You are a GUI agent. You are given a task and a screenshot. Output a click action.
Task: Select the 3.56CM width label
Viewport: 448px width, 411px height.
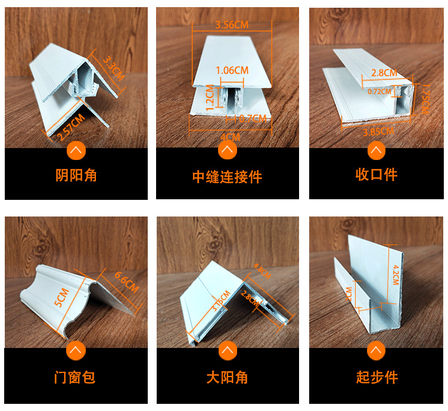(x=232, y=24)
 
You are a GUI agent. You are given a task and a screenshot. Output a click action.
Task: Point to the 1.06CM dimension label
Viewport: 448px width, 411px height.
(x=232, y=70)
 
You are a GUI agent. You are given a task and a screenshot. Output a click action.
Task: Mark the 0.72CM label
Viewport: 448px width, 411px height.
(x=379, y=92)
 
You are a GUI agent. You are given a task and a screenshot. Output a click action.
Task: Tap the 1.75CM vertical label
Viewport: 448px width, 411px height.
(x=425, y=99)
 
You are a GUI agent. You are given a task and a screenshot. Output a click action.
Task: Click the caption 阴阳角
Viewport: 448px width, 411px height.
(x=76, y=175)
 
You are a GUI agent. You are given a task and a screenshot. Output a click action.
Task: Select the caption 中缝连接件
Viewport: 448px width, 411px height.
(x=227, y=177)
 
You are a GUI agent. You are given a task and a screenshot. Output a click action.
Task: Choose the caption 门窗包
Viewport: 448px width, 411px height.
(x=76, y=377)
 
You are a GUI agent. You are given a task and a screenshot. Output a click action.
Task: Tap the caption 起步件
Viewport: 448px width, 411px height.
(x=377, y=377)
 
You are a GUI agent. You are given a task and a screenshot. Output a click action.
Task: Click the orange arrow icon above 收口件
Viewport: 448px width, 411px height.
(x=376, y=150)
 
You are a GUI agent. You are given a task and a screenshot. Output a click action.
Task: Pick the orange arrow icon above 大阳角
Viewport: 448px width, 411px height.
(x=227, y=351)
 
